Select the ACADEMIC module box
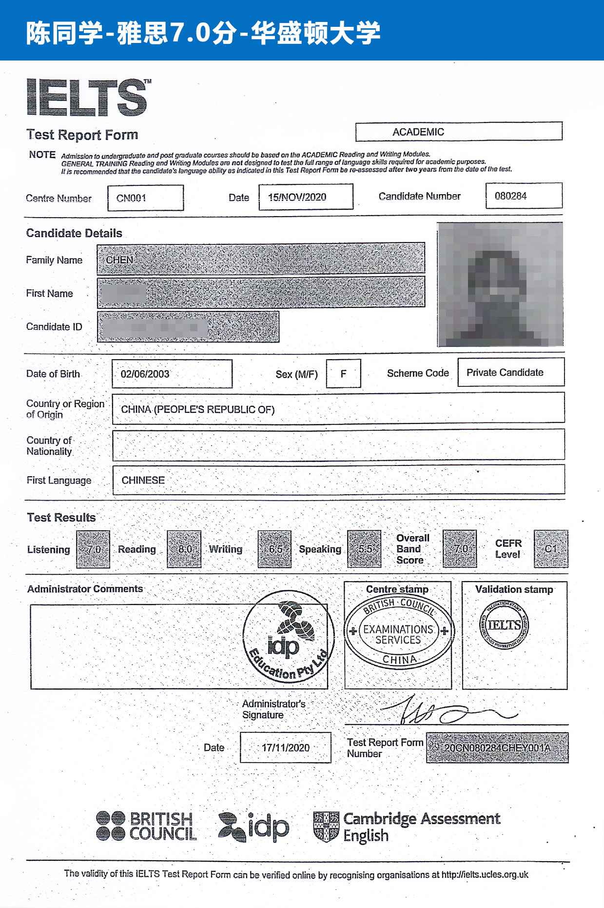click(x=458, y=132)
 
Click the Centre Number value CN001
click(x=145, y=198)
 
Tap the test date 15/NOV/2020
click(x=306, y=197)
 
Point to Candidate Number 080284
click(x=524, y=196)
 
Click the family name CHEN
click(x=120, y=260)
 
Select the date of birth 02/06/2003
click(x=172, y=374)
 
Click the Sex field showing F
click(x=343, y=374)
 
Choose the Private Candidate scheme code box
click(x=510, y=372)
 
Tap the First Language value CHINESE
click(x=143, y=480)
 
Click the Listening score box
click(x=93, y=549)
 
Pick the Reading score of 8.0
click(x=184, y=549)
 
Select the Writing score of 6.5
click(x=274, y=549)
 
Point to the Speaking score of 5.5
click(x=364, y=549)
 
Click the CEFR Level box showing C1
click(x=551, y=549)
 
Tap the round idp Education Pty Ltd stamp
click(x=289, y=635)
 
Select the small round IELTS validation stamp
click(x=504, y=625)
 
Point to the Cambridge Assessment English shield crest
click(x=326, y=827)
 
